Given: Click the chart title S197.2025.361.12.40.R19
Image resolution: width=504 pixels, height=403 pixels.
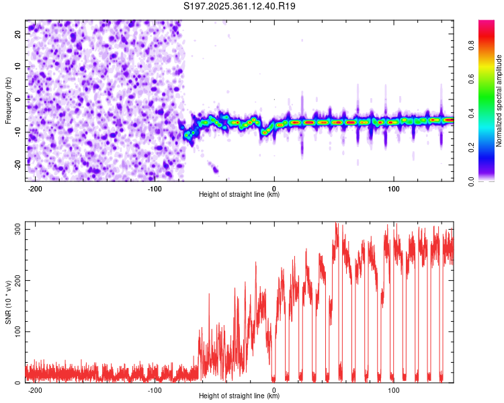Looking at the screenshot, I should [x=240, y=7].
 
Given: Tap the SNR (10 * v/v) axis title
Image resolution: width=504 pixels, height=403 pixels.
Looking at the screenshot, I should [x=8, y=302].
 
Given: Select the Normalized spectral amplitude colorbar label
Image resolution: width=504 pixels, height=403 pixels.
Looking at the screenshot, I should [x=500, y=101].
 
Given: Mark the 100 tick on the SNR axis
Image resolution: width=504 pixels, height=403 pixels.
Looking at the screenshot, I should [x=15, y=332].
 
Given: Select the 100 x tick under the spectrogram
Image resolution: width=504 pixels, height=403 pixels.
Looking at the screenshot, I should [x=394, y=188].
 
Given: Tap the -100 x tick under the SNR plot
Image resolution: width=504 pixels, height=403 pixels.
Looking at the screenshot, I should [x=155, y=390].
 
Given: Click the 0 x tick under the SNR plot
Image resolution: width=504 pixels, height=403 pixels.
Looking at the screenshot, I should [x=274, y=390].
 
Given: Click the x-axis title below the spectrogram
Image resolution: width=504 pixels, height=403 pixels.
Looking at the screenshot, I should [x=240, y=195].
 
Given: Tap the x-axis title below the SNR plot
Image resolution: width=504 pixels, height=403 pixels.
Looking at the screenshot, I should [x=240, y=396].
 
